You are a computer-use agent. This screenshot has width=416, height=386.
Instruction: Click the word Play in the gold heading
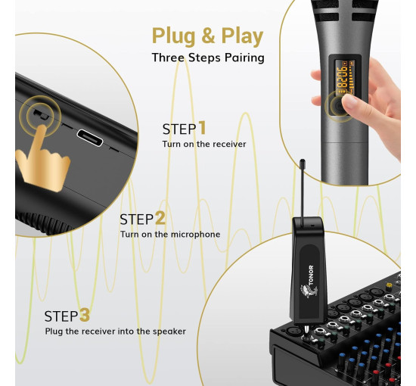pos(242,36)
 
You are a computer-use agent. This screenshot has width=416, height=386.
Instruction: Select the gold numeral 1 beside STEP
pos(203,127)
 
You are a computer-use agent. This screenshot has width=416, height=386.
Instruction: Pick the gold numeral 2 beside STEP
pos(160,218)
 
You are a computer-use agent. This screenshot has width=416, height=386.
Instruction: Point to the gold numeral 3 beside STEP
pos(85,315)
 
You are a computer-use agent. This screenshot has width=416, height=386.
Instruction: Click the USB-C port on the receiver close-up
pos(90,138)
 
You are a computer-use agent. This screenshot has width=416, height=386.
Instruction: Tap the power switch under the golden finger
pos(41,114)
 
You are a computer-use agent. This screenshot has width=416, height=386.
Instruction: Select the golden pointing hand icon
pos(42,159)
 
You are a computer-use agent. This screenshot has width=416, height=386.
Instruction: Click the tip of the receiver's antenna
pos(303,161)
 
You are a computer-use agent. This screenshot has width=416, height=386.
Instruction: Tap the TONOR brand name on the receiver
pos(311,275)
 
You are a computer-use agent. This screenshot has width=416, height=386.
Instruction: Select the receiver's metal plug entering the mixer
pos(306,331)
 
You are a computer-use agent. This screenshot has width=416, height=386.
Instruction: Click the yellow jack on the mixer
pos(389,286)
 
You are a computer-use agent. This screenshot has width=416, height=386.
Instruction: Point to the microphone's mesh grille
pos(345,10)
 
